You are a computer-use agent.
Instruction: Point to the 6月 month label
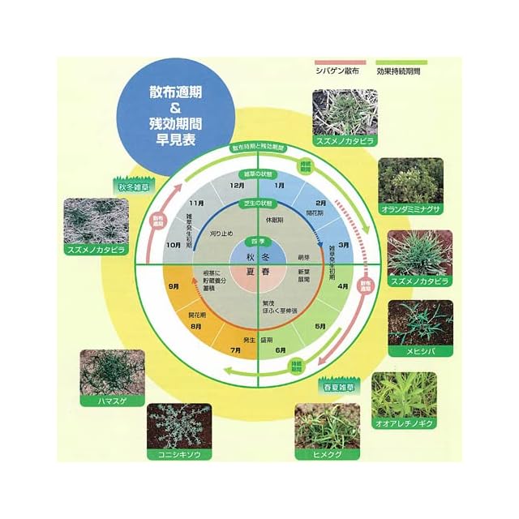[x=280, y=350]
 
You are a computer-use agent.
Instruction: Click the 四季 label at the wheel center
[x=258, y=241]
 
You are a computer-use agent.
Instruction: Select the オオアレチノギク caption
[x=404, y=423]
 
